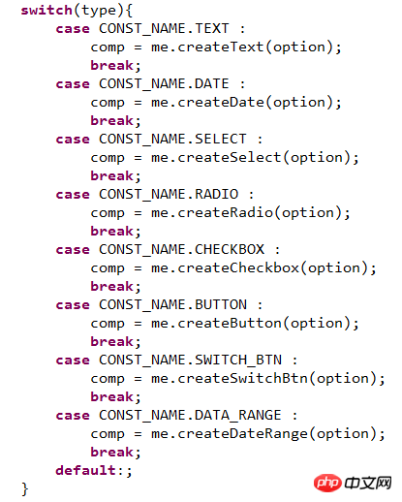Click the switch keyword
tap(46, 10)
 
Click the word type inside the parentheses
tap(99, 11)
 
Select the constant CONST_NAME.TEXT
tap(164, 28)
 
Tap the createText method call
tap(221, 47)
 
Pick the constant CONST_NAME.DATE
tap(164, 83)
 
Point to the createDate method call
tap(221, 103)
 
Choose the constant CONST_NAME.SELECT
tap(172, 139)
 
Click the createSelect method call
tap(230, 158)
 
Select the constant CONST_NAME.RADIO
tap(169, 194)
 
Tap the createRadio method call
tap(225, 213)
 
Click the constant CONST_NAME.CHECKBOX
tap(181, 249)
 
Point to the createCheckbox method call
tap(238, 268)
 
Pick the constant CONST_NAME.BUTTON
tap(172, 304)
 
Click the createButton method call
tap(230, 324)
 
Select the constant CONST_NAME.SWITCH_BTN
tap(190, 360)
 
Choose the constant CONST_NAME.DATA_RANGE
tap(190, 415)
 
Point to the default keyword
tap(85, 470)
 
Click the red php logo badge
tap(327, 483)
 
